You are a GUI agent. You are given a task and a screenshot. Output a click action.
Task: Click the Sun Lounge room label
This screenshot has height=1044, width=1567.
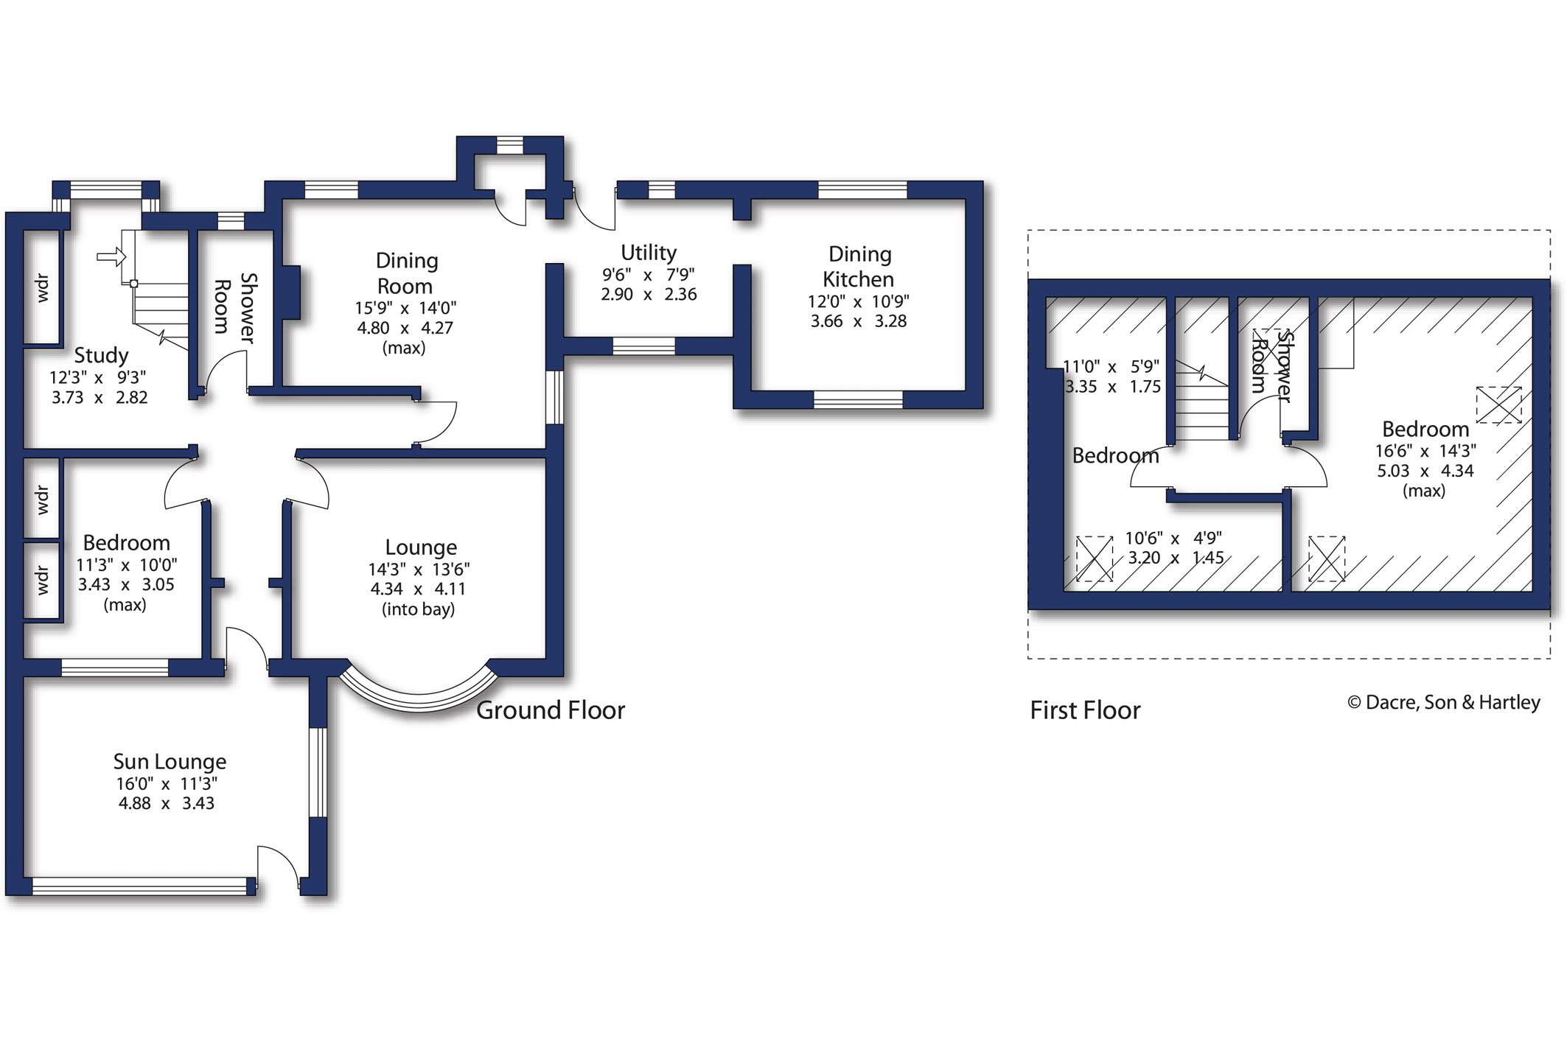(170, 762)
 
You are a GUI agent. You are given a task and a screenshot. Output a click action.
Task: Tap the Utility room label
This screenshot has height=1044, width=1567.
(649, 253)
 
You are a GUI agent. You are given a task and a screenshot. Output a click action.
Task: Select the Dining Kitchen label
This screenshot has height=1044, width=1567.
(859, 267)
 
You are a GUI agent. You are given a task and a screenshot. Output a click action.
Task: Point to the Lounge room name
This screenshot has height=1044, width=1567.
(421, 547)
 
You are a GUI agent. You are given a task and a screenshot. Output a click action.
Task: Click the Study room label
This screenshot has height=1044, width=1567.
(101, 356)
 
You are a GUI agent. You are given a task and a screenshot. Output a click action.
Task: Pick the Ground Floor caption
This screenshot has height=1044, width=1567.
(551, 710)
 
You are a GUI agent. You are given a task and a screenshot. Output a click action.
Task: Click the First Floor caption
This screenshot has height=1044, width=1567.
(1085, 710)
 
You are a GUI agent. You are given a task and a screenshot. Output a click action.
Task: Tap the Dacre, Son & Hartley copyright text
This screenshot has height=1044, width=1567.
(1444, 702)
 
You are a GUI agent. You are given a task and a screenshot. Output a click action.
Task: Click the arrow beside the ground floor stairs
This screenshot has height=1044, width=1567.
(111, 257)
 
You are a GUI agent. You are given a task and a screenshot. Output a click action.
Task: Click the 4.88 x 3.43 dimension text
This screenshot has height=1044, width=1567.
(167, 803)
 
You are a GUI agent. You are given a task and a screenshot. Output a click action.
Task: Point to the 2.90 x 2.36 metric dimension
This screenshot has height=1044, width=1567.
(649, 294)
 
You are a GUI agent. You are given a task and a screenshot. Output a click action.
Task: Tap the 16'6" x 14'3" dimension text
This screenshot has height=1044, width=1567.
(1425, 451)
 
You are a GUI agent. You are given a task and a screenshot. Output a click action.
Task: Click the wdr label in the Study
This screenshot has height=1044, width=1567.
(42, 287)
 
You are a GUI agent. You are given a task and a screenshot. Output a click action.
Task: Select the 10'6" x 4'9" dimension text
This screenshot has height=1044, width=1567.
(1173, 539)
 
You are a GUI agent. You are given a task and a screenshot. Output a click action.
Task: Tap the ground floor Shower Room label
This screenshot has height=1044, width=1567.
(236, 308)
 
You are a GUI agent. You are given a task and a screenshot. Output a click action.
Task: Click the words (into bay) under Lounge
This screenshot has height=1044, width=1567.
(418, 609)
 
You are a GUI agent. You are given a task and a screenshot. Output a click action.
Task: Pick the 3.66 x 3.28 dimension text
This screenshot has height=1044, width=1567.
(859, 321)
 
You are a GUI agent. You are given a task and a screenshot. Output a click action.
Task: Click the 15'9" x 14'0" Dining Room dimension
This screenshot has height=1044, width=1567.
(405, 308)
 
